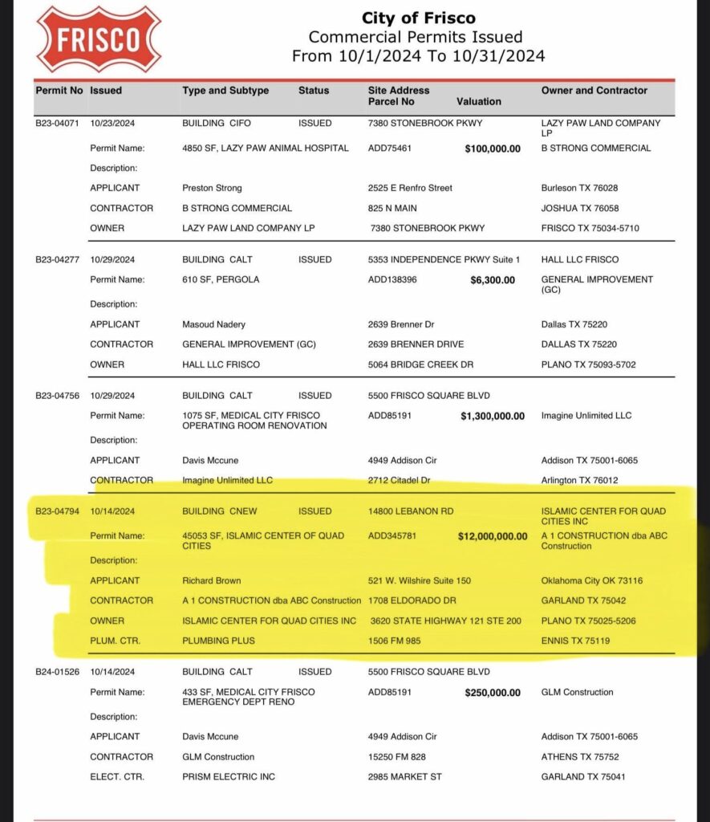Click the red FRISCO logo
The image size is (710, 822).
coord(99,39)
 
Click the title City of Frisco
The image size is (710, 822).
coord(418,18)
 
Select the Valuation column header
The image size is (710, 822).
coord(478,102)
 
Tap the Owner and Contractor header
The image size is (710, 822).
coord(594,91)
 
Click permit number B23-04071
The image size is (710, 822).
coord(59,124)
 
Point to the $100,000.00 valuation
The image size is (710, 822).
coord(493,149)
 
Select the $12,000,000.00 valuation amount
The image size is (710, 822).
coord(491,536)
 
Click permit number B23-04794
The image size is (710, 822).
coord(59,511)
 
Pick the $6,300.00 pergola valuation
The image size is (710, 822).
coord(495,280)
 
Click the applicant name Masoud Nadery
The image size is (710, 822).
coord(214,324)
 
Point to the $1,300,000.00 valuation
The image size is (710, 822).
coord(493,416)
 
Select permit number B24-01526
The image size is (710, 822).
coord(59,672)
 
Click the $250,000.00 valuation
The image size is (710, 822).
coord(493,693)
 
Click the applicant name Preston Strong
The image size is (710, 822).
coord(212,188)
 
